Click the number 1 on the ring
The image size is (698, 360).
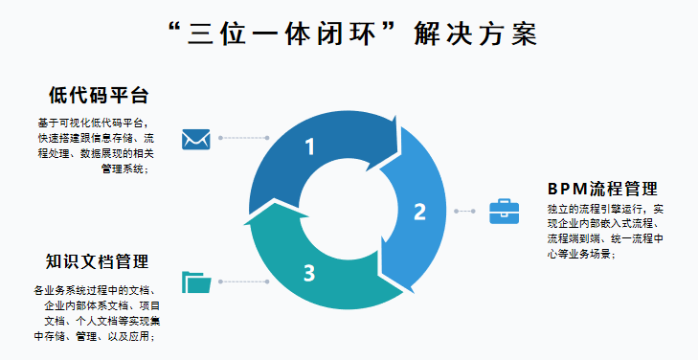[x=309, y=146]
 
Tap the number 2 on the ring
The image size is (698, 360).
[x=419, y=212]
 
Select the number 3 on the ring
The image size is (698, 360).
[x=309, y=274]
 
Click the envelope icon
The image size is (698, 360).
[x=196, y=139]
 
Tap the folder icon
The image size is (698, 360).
[x=197, y=281]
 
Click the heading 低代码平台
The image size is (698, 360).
[x=98, y=96]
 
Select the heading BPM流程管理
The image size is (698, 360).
[x=602, y=187]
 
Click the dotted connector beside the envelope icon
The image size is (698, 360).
[x=244, y=139]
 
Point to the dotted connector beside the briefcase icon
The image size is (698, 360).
[x=465, y=211]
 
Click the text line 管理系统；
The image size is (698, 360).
[x=124, y=169]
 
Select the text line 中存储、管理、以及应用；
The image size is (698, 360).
[x=95, y=336]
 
